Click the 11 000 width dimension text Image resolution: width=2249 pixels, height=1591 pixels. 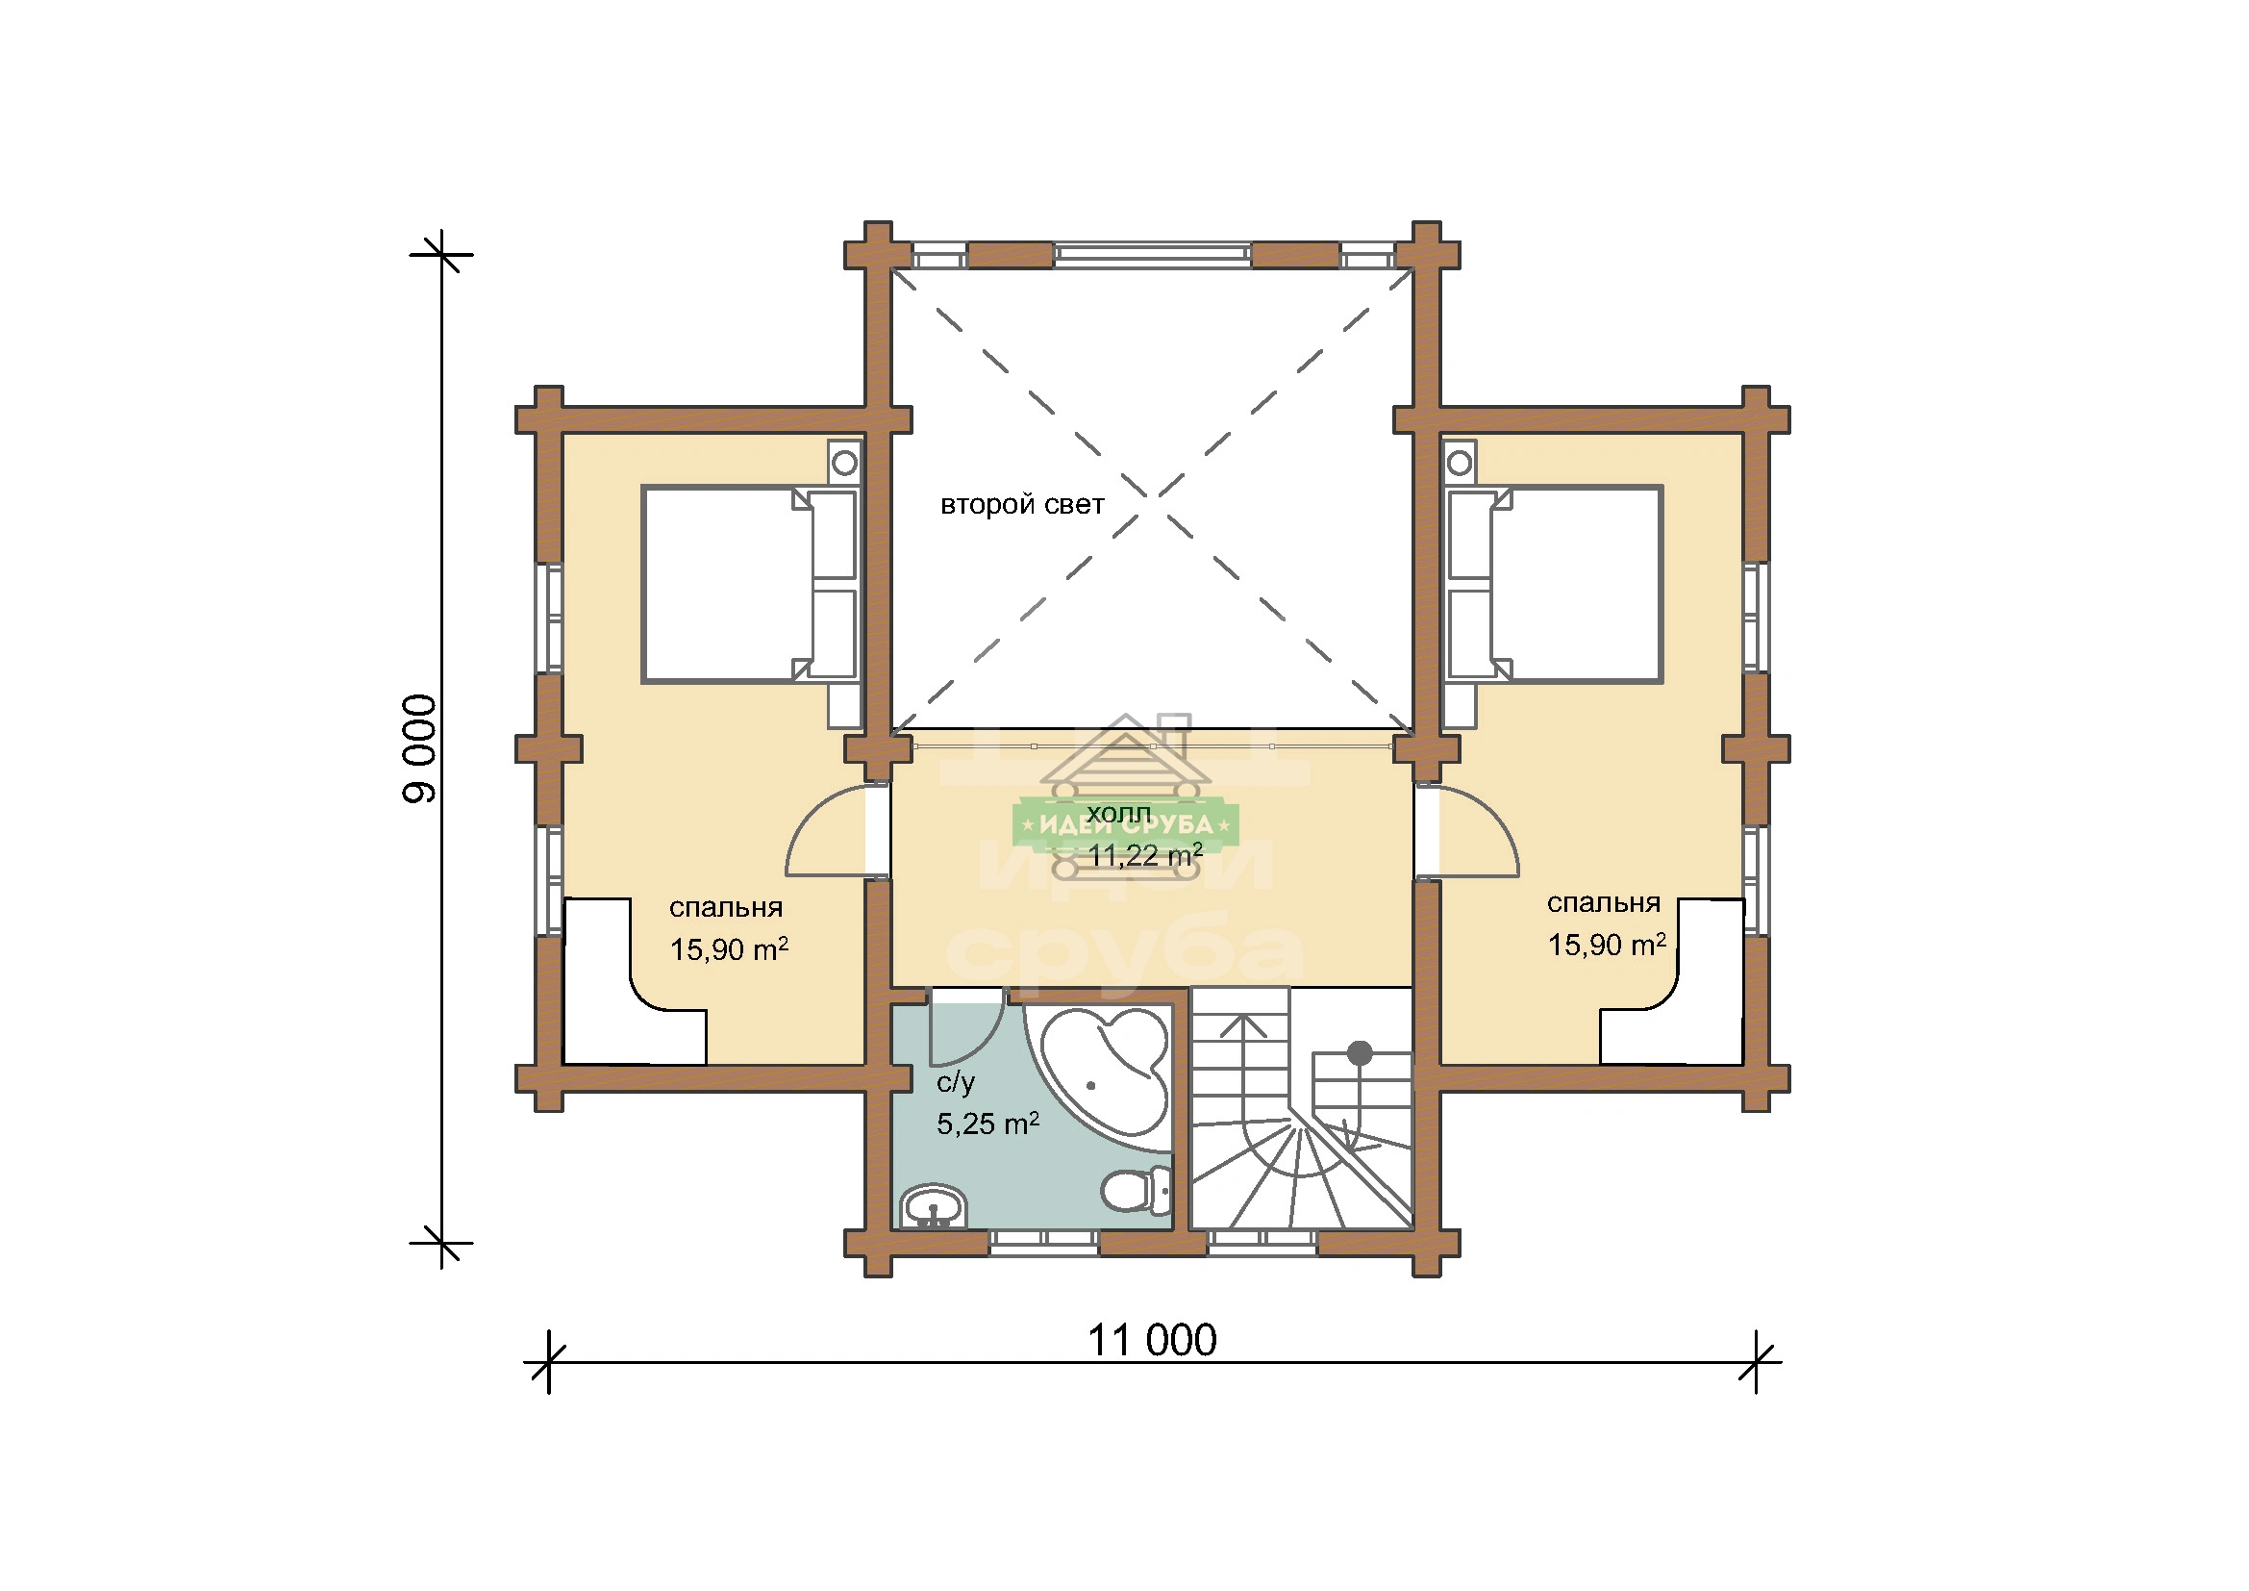click(1152, 1340)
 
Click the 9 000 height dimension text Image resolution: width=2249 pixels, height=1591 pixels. click(419, 749)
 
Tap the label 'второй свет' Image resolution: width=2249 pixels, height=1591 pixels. click(1022, 505)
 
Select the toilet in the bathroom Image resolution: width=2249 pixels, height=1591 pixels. click(1137, 1190)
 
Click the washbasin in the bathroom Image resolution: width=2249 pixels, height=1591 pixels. click(934, 1206)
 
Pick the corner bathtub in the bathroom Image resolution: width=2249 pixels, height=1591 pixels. click(1099, 1074)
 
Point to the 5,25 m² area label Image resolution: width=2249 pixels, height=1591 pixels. click(987, 1124)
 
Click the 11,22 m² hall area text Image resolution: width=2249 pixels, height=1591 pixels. click(1145, 855)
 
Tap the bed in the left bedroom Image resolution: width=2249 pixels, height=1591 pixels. click(749, 584)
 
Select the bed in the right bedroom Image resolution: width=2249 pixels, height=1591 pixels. click(1556, 584)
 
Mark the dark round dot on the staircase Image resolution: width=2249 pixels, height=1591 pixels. click(1360, 1053)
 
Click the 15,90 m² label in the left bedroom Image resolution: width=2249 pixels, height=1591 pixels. click(729, 949)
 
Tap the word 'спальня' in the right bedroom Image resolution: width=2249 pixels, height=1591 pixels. click(1604, 902)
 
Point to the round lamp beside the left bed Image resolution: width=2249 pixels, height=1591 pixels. click(844, 462)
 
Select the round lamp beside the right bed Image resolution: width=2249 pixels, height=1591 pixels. click(1460, 462)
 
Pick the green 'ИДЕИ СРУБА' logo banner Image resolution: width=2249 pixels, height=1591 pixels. click(1126, 825)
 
